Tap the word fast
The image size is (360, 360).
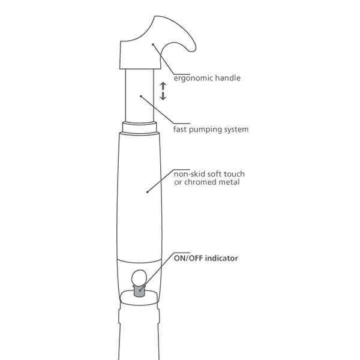click(x=180, y=129)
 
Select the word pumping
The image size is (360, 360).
click(x=205, y=130)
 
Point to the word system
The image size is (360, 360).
click(x=236, y=130)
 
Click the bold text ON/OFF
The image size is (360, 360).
click(x=188, y=258)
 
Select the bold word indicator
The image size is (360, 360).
click(x=221, y=258)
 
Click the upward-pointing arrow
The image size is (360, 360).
click(x=163, y=86)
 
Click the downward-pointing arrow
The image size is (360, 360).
click(x=163, y=96)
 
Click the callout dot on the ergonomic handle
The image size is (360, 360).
click(x=153, y=44)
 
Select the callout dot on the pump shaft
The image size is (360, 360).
click(x=141, y=96)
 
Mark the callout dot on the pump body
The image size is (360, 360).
click(x=148, y=192)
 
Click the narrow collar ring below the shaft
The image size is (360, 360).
click(x=139, y=127)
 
